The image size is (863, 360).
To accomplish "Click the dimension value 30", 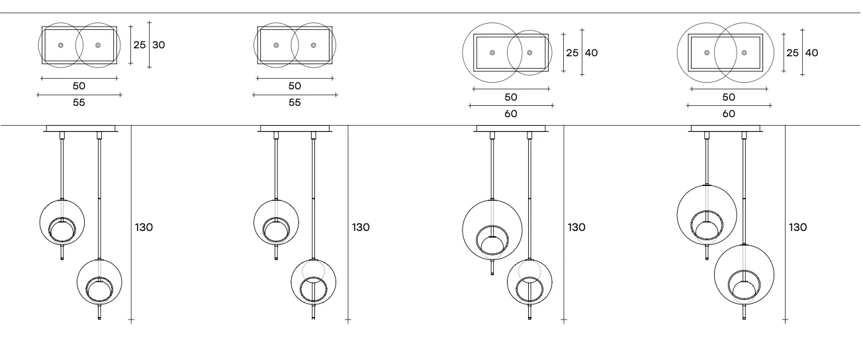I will coord(159,45).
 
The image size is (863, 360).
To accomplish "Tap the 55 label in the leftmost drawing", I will coord(79,103).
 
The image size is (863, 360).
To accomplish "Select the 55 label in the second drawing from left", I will coord(295,103).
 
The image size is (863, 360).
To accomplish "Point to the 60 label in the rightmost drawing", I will coord(729,113).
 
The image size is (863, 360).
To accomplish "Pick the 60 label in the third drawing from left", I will coord(511,113).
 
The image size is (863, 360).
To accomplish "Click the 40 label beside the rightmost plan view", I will coord(811,53).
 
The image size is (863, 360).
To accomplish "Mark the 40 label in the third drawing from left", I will coord(591,53).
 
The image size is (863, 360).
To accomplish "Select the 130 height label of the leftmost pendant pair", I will coord(144,227).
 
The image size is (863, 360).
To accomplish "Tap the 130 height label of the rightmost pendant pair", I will coord(797,227).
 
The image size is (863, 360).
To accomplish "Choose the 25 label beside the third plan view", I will coord(572,53).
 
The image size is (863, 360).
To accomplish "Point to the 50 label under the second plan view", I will coord(295,86).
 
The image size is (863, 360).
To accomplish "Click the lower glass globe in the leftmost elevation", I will coord(100,282).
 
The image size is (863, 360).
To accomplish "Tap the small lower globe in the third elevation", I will coord(529,281).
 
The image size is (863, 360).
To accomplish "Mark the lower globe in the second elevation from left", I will coord(313,281).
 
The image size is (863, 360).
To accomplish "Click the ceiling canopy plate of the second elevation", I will coord(296,128).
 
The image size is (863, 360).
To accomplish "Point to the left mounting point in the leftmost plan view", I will coord(60,45).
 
